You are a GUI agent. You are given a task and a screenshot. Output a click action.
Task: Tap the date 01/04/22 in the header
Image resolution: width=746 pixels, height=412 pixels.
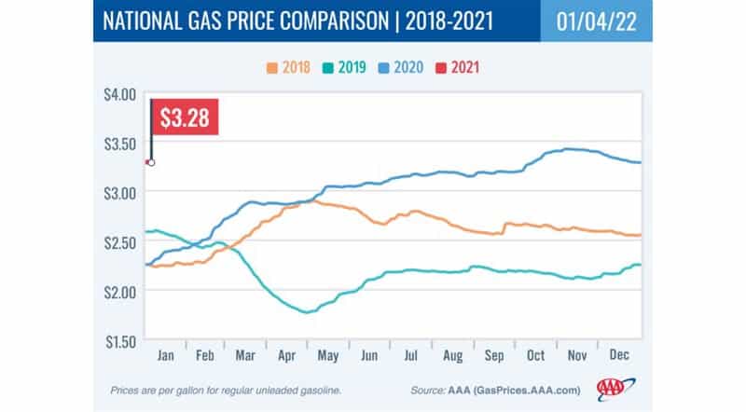[x=596, y=21]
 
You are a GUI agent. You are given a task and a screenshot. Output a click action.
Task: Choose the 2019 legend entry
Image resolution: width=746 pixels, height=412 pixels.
[x=346, y=67]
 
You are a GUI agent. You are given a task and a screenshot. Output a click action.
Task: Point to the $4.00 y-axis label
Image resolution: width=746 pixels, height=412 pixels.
[x=119, y=93]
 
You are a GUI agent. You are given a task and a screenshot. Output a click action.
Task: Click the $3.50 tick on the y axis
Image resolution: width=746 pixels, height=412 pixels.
[x=119, y=143]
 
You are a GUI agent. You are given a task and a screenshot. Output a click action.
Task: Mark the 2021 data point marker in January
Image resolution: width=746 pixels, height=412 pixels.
[x=150, y=162]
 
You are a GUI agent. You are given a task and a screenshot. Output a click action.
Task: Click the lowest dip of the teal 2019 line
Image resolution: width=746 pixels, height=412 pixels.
[x=306, y=311]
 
